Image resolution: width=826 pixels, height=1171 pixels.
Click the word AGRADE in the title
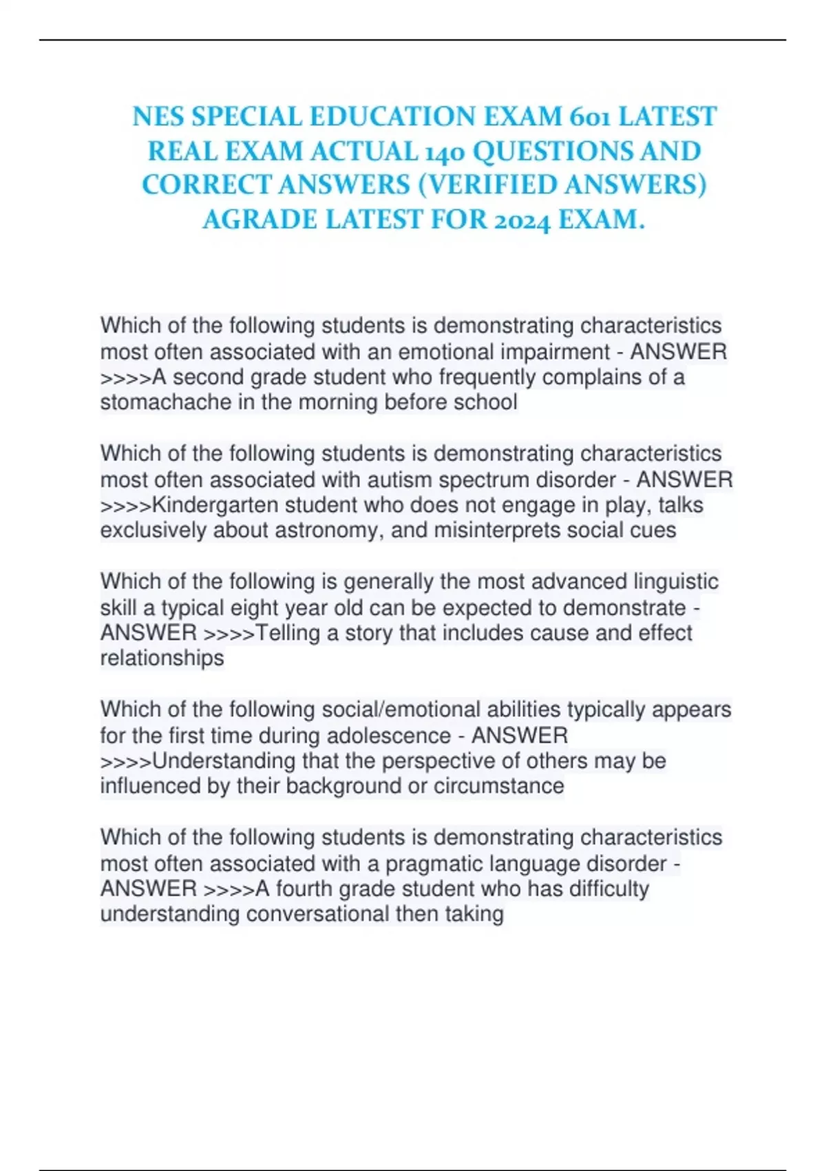coord(260,220)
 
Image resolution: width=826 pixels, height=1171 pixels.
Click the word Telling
coord(288,633)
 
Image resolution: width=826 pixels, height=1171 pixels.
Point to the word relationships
coord(162,659)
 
